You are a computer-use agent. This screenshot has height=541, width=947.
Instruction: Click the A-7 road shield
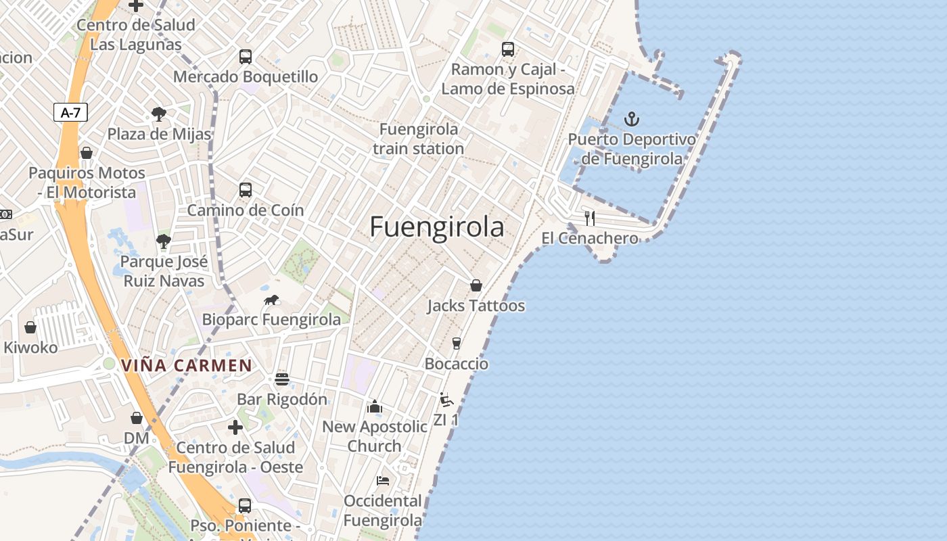[71, 112]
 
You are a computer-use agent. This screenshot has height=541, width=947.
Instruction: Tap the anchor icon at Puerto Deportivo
[631, 120]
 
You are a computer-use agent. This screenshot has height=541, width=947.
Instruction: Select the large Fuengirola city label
[437, 227]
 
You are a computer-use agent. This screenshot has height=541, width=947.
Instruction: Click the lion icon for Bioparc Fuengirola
[272, 300]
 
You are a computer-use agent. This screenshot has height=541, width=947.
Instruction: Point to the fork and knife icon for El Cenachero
[590, 218]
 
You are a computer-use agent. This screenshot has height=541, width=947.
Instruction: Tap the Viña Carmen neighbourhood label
[187, 366]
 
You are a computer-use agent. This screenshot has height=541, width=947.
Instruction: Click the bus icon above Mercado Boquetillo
[246, 57]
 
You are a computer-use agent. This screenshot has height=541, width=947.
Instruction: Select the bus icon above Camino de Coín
[246, 190]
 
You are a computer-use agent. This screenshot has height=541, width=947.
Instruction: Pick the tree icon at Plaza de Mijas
[159, 114]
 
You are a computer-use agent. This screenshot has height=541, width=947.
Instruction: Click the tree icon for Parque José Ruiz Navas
[163, 241]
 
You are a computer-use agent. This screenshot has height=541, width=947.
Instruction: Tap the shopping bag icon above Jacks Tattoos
[476, 285]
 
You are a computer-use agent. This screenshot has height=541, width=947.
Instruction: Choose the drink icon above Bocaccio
[457, 344]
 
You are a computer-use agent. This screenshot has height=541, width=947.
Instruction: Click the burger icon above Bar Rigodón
[282, 379]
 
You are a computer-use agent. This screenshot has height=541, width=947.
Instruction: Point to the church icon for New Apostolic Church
[375, 406]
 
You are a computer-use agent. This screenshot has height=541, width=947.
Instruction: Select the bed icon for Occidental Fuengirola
[383, 481]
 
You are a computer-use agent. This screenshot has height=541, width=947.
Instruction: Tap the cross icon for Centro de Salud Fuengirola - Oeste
[235, 427]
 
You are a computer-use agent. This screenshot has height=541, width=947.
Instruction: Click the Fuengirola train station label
[418, 139]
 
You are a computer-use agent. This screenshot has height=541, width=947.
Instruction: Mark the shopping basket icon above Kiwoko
[30, 327]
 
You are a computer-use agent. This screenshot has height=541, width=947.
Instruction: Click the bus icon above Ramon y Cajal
[508, 49]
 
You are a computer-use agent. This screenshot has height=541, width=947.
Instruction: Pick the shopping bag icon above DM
[137, 418]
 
